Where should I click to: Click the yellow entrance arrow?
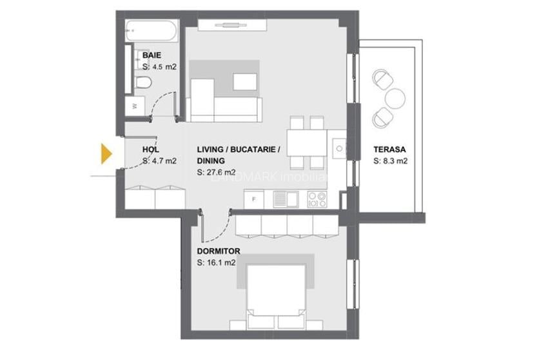106,153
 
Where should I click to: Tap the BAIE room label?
152,55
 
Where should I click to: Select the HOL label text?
150,150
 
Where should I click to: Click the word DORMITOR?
219,251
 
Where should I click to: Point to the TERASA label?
389,150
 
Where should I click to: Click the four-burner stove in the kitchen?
317,199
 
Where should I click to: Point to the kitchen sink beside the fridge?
285,199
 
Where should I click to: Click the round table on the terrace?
395,98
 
